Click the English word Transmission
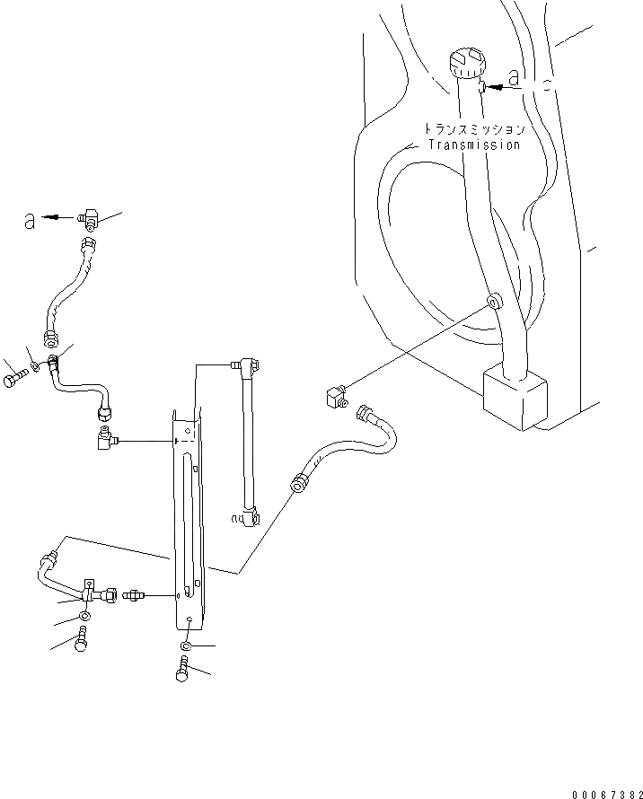click(474, 145)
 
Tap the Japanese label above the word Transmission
click(474, 129)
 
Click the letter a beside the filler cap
click(513, 78)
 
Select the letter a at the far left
click(30, 219)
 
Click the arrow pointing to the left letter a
click(58, 217)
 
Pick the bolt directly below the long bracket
click(183, 670)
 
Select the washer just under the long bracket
click(186, 646)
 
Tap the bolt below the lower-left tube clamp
click(82, 641)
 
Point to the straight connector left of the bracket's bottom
click(134, 594)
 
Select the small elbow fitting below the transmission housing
click(333, 396)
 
